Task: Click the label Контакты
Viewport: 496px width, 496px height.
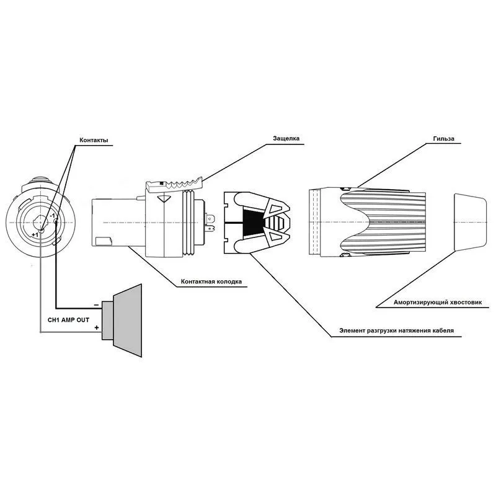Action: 94,140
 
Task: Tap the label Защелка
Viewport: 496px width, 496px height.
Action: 286,138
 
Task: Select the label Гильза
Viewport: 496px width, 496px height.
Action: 444,138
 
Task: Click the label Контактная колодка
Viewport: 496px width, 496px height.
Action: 211,281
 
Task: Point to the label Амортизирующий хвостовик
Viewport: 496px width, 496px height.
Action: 438,303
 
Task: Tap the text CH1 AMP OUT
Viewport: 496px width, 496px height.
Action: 68,320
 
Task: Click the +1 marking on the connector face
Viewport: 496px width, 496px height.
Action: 35,235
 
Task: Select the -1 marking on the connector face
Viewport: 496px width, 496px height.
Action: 53,215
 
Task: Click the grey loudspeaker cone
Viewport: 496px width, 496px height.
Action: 127,320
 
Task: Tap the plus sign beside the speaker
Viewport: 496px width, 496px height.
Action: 97,328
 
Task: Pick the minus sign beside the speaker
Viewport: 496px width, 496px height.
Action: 97,305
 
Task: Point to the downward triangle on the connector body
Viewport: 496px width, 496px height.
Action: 164,199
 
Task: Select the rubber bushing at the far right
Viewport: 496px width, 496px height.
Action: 470,223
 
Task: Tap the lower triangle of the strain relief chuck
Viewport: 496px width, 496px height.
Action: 278,236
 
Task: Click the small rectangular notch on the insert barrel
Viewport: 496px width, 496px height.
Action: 104,241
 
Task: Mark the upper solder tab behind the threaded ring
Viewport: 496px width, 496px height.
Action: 210,219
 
